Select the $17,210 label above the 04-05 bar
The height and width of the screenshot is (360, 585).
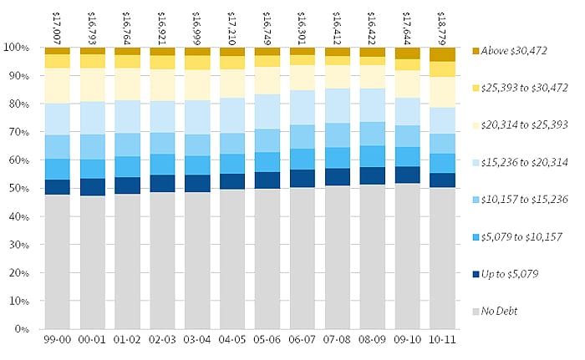(x=231, y=25)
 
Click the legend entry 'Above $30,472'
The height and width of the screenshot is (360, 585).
(x=515, y=51)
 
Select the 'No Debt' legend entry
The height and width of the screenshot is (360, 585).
(x=501, y=312)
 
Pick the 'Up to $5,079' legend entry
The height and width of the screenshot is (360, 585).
(x=511, y=274)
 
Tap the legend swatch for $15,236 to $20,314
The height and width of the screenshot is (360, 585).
(x=477, y=162)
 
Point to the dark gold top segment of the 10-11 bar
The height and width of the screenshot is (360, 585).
(x=443, y=54)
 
